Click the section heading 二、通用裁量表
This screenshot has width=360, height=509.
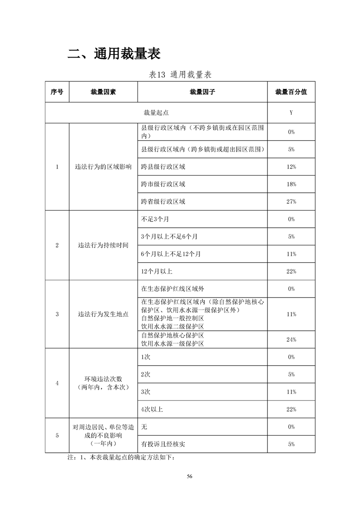(x=114, y=54)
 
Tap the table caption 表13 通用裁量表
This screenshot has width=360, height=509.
(x=180, y=74)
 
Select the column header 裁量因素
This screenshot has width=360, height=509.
(x=103, y=92)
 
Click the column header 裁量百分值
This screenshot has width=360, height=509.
(x=291, y=92)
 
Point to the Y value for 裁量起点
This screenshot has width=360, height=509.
(x=291, y=113)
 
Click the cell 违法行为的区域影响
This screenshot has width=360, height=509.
(x=103, y=167)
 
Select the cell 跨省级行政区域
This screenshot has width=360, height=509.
(x=163, y=201)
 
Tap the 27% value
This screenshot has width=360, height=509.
(x=291, y=201)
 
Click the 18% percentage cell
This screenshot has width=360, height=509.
(x=291, y=184)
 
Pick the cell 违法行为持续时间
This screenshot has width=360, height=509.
(x=103, y=245)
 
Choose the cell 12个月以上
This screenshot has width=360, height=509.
(x=157, y=271)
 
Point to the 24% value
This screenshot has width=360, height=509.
(x=291, y=340)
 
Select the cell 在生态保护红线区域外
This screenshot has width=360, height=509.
(x=170, y=289)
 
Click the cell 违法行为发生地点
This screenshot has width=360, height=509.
(x=103, y=314)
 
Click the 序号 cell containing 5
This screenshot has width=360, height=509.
(x=57, y=436)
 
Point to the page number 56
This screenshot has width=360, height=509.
(x=190, y=476)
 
